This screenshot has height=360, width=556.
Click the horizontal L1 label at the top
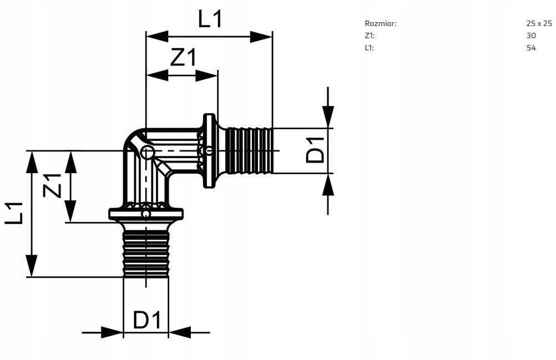tap(210, 19)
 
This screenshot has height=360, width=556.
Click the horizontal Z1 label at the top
tap(183, 57)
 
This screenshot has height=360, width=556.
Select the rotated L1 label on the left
tap(14, 214)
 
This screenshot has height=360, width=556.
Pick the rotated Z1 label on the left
tap(52, 186)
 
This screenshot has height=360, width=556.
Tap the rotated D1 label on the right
tap(315, 150)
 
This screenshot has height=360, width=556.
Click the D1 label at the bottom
tap(147, 320)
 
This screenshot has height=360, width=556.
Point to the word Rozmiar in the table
tap(381, 23)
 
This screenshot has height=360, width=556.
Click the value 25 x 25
tap(539, 23)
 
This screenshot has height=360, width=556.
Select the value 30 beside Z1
tap(531, 36)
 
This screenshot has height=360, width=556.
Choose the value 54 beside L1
tap(531, 48)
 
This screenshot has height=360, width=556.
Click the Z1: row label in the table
tap(370, 36)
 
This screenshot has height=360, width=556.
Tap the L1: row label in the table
tap(369, 48)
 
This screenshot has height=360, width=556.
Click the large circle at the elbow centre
tap(148, 153)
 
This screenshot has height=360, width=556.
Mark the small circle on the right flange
tap(209, 151)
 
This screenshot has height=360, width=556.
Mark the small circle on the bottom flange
tap(146, 214)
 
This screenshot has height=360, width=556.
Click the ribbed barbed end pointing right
tap(250, 150)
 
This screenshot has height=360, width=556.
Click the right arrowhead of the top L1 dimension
tap(261, 37)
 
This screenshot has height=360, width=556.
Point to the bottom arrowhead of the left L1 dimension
tap(32, 266)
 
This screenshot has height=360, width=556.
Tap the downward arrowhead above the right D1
tap(328, 116)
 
